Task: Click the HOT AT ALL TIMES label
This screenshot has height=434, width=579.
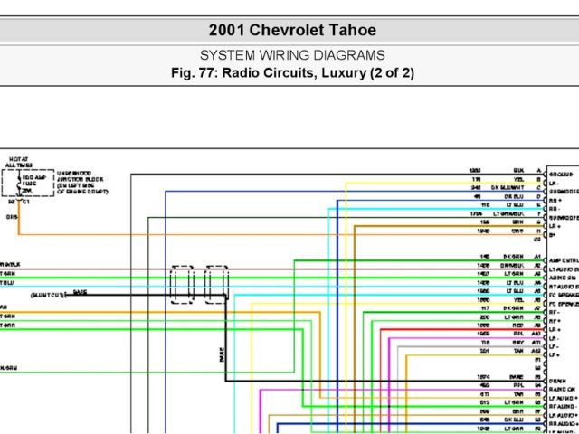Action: point(18,162)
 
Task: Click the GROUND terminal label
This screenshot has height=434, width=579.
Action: point(561,173)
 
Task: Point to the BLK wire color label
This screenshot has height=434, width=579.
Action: point(517,170)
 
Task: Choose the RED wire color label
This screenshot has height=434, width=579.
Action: point(517,325)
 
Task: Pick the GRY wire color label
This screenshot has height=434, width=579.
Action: point(517,343)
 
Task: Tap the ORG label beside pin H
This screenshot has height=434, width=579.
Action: point(517,231)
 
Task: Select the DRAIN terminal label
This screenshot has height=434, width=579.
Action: point(557,379)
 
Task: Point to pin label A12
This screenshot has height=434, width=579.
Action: point(537,351)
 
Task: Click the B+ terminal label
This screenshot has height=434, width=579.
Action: point(553,232)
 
